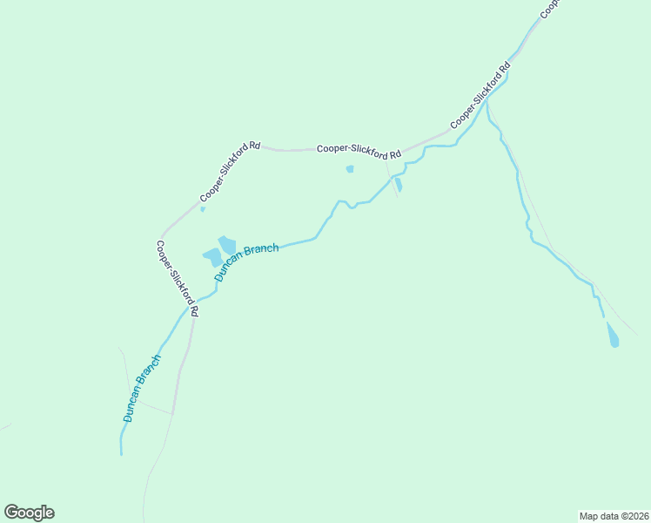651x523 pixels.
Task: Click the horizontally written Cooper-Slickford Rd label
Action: pos(359,151)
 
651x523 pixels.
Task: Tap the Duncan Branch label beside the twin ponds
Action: pos(246,261)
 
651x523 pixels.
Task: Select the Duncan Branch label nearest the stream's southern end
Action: pos(142,389)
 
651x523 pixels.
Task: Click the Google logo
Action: pos(30,512)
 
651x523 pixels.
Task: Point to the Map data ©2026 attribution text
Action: pos(614,515)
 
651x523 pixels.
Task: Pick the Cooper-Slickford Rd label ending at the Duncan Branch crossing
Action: pos(178,278)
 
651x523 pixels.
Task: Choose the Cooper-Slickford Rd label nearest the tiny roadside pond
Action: pos(230,172)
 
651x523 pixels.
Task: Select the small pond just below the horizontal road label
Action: pos(350,169)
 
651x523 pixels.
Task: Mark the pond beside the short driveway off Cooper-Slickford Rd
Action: pos(399,185)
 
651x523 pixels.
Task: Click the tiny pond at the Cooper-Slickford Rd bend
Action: pos(203,208)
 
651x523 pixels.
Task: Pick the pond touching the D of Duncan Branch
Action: pos(211,257)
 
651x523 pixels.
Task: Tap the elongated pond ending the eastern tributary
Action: pos(612,335)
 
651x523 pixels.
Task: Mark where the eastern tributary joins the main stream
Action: pos(487,102)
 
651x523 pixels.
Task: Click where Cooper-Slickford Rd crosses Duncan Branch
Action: pos(186,308)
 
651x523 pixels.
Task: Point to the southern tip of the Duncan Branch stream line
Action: pos(121,453)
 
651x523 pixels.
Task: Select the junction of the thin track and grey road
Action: pos(172,413)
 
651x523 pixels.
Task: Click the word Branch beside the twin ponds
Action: pos(261,254)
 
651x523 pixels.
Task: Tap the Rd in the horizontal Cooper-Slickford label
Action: pos(395,155)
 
